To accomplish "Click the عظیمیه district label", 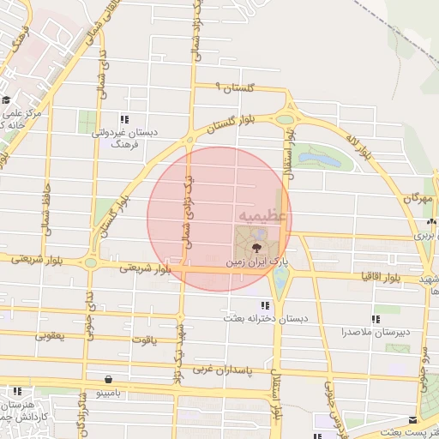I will pos(262,214).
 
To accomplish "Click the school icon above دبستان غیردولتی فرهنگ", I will pos(125,119).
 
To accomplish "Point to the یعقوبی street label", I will pos(50,336).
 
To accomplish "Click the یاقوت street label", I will pos(144,340).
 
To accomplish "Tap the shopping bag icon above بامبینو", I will pos(108,379).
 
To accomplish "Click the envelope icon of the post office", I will pos(415,421).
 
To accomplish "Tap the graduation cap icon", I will pos(5,100).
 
